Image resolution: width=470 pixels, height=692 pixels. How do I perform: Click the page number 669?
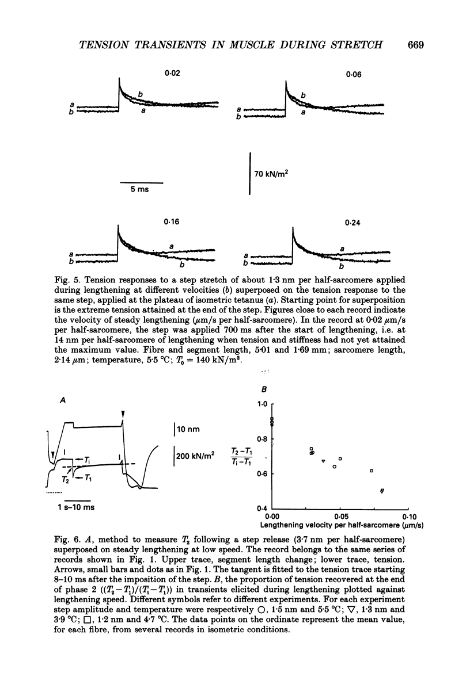click(415, 46)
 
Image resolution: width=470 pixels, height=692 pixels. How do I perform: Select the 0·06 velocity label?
click(354, 74)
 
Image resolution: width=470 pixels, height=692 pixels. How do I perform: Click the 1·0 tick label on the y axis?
click(263, 404)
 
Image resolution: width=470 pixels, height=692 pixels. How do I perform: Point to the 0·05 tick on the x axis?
click(340, 516)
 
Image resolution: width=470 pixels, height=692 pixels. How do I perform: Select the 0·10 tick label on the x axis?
click(408, 516)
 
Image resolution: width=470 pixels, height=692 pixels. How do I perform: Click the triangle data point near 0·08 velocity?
click(382, 491)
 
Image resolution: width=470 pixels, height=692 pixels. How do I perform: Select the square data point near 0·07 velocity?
click(372, 471)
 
